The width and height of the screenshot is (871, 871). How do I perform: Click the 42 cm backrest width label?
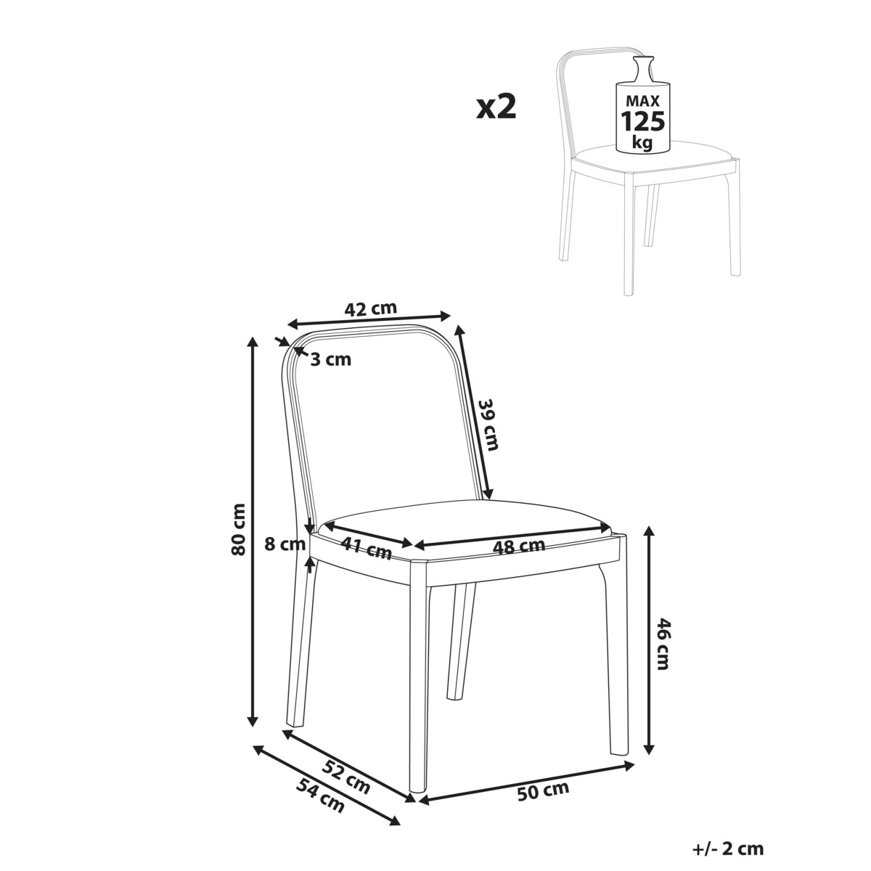[370, 308]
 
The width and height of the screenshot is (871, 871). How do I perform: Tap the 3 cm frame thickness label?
[330, 359]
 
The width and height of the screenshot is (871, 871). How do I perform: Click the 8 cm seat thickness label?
[285, 544]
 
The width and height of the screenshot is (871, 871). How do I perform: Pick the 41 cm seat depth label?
[367, 548]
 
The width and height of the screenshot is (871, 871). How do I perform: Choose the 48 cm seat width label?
[518, 547]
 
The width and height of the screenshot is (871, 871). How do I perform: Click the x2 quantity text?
[496, 107]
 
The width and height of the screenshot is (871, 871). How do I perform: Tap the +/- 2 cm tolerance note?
[728, 848]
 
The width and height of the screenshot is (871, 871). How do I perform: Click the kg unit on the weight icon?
[642, 142]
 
